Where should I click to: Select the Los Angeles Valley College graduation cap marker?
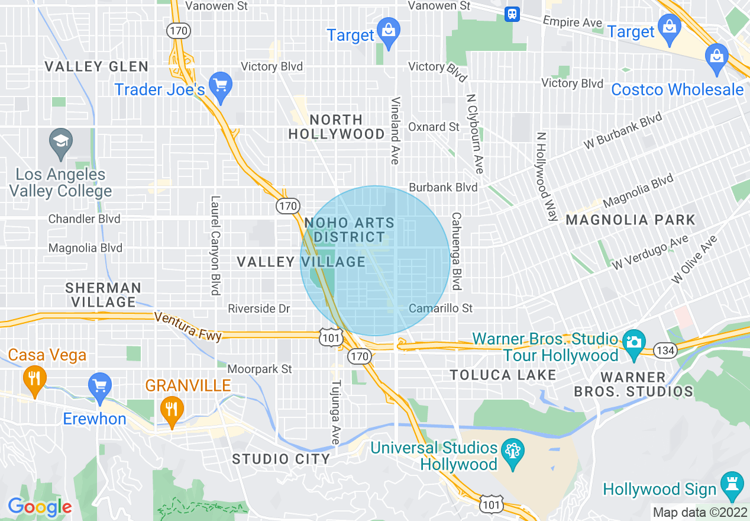click(61, 144)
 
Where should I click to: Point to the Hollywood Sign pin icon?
click(732, 487)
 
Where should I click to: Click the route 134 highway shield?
click(665, 350)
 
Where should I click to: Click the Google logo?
click(40, 507)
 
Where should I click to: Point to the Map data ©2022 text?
click(700, 512)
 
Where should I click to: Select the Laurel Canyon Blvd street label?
click(215, 245)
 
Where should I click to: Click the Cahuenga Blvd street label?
click(456, 251)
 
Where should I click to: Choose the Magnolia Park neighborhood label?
click(631, 220)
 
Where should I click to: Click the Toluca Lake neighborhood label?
click(503, 375)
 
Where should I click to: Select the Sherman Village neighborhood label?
click(103, 295)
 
